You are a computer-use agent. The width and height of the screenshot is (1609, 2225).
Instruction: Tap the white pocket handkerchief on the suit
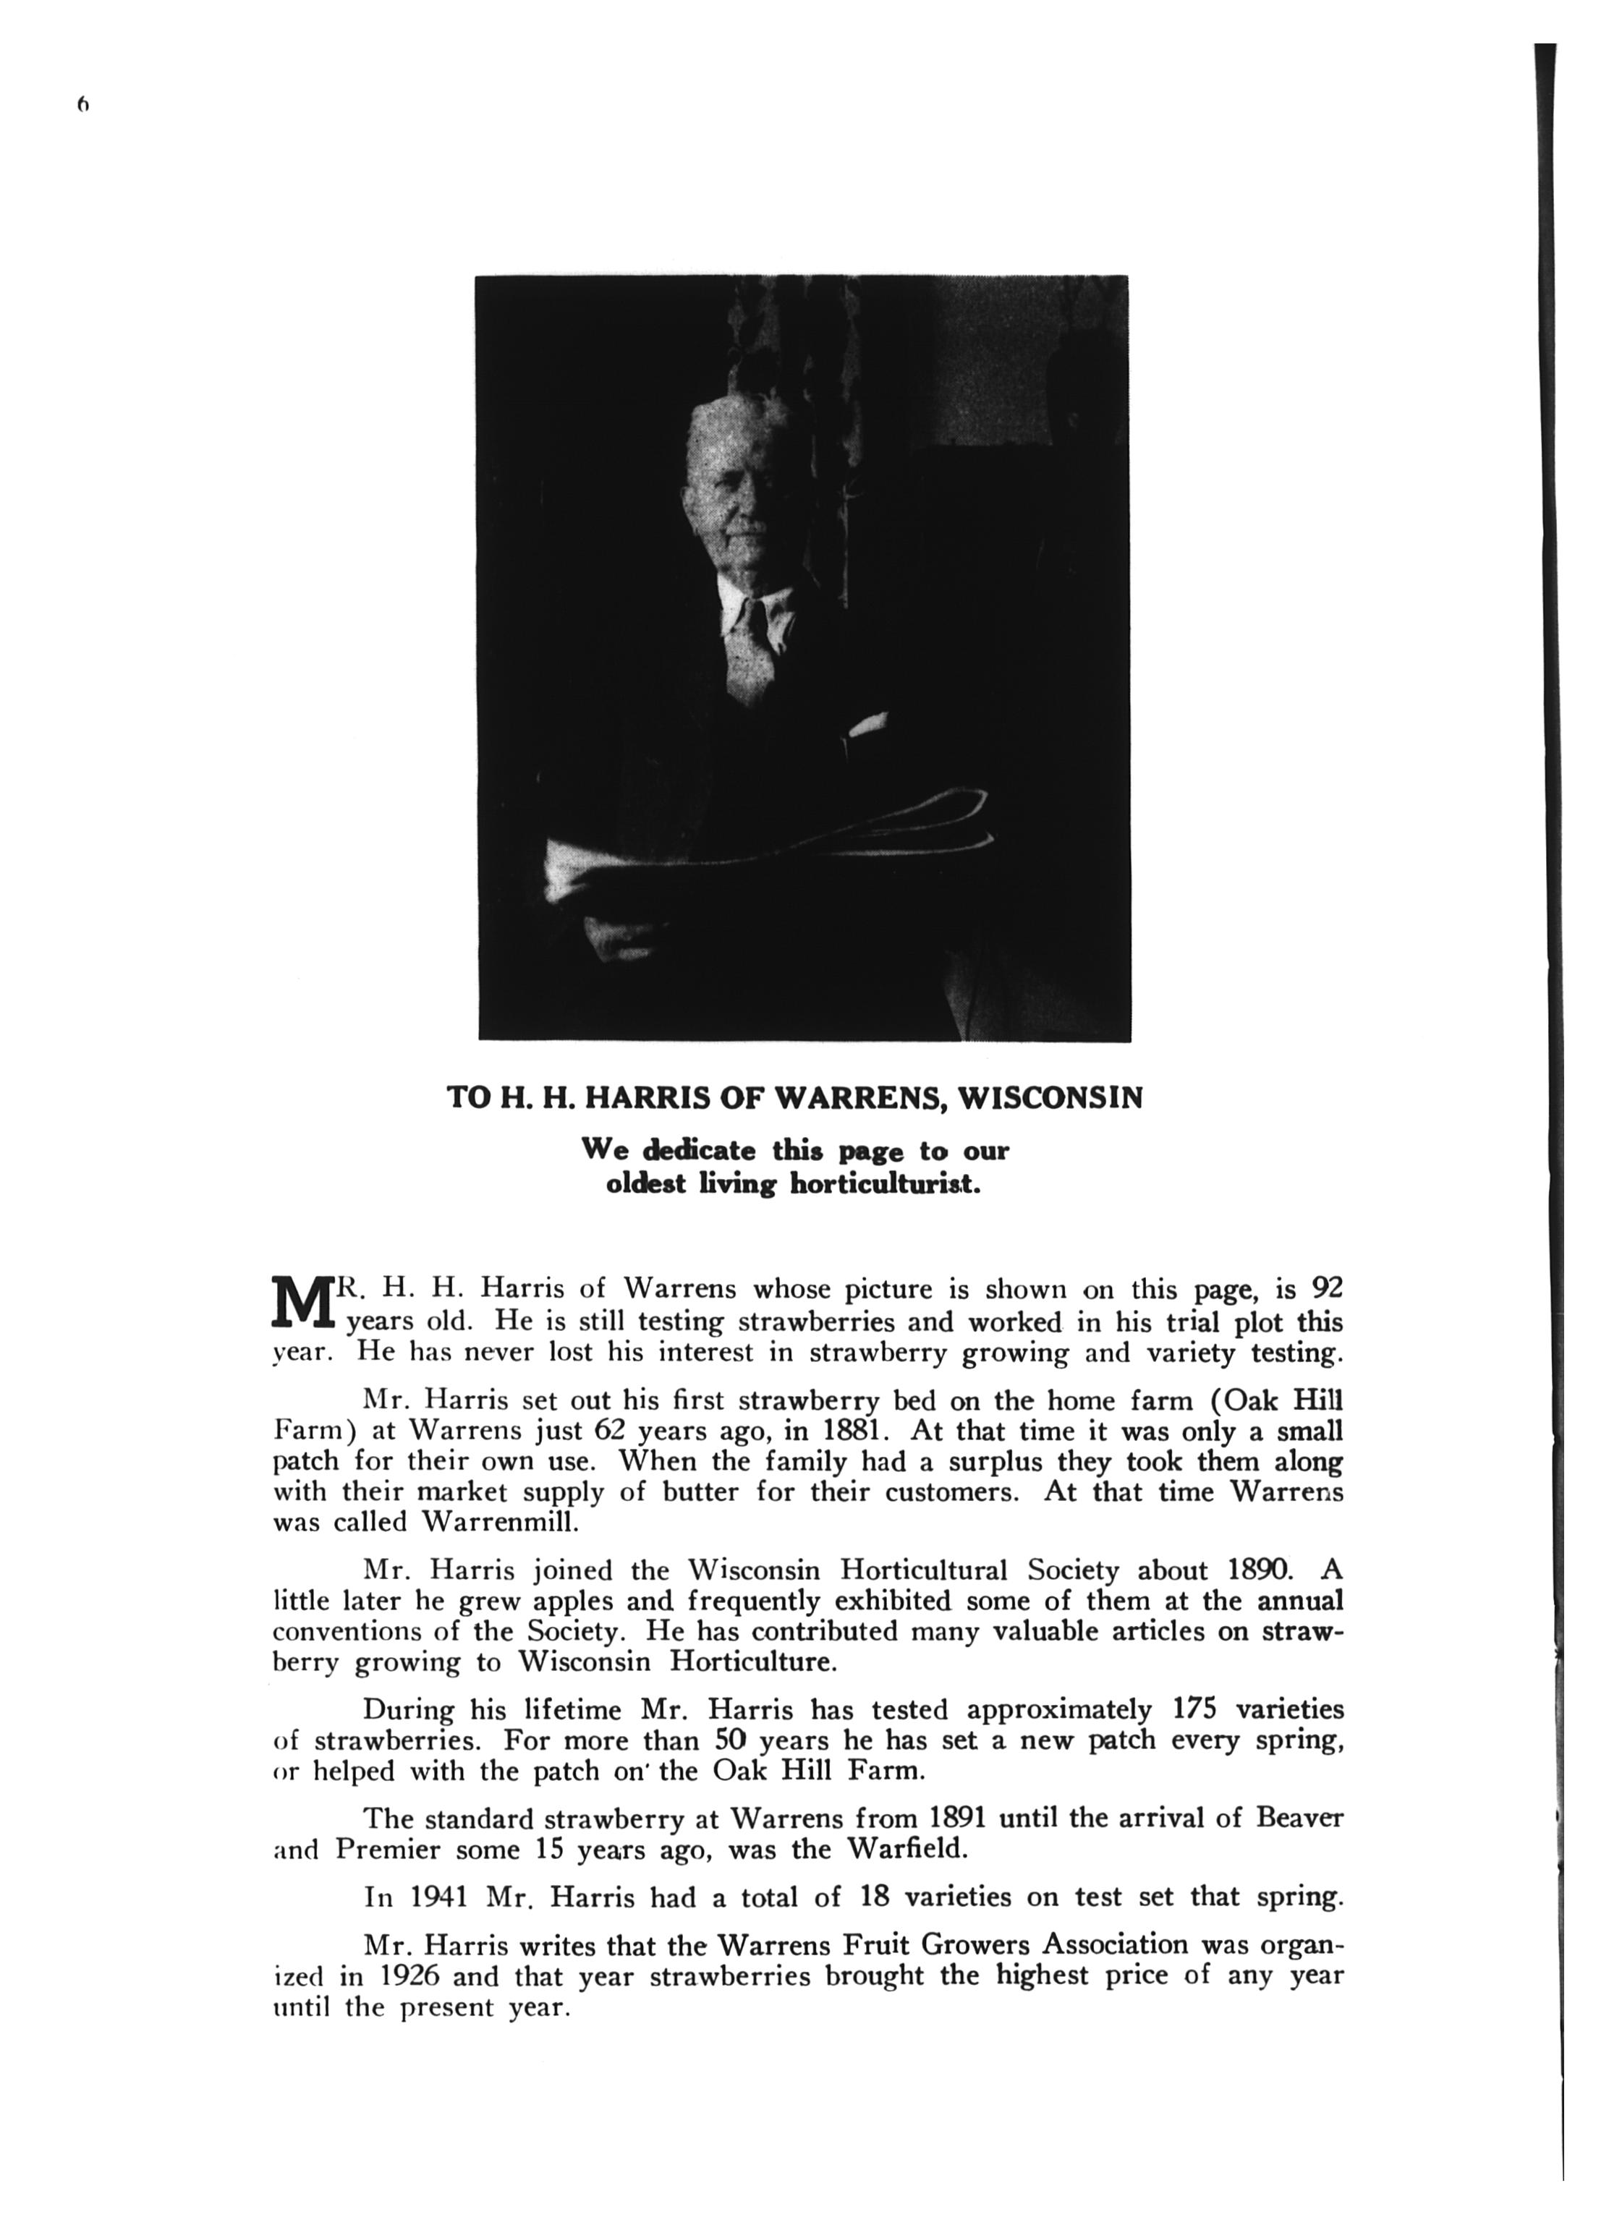click(x=866, y=727)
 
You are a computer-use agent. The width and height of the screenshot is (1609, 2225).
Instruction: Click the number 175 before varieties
click(x=1195, y=1710)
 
